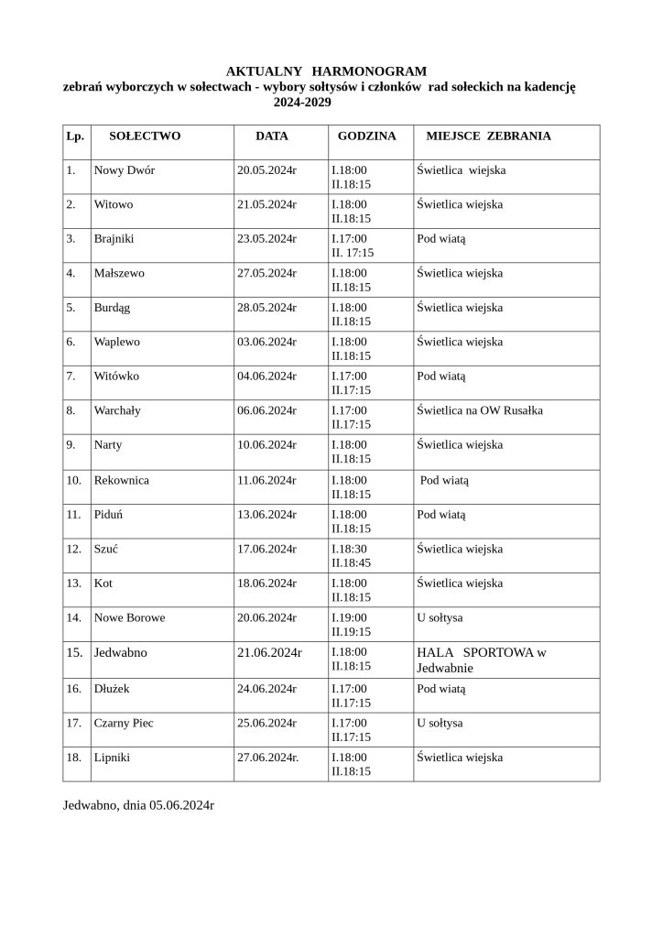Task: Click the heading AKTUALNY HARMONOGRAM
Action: [326, 71]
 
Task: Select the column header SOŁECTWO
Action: [145, 136]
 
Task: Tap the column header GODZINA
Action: [366, 136]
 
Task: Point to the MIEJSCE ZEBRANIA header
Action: [488, 136]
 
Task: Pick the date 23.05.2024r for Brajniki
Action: [266, 239]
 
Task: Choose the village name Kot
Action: [103, 583]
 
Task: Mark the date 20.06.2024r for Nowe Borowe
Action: [266, 617]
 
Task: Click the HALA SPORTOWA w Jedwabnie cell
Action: [481, 660]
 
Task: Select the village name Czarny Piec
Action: [124, 723]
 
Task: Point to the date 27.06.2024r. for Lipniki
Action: [268, 758]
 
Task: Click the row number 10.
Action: [74, 480]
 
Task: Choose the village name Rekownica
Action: [122, 480]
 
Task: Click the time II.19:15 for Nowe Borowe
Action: [351, 631]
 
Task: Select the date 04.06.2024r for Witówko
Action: [266, 376]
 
